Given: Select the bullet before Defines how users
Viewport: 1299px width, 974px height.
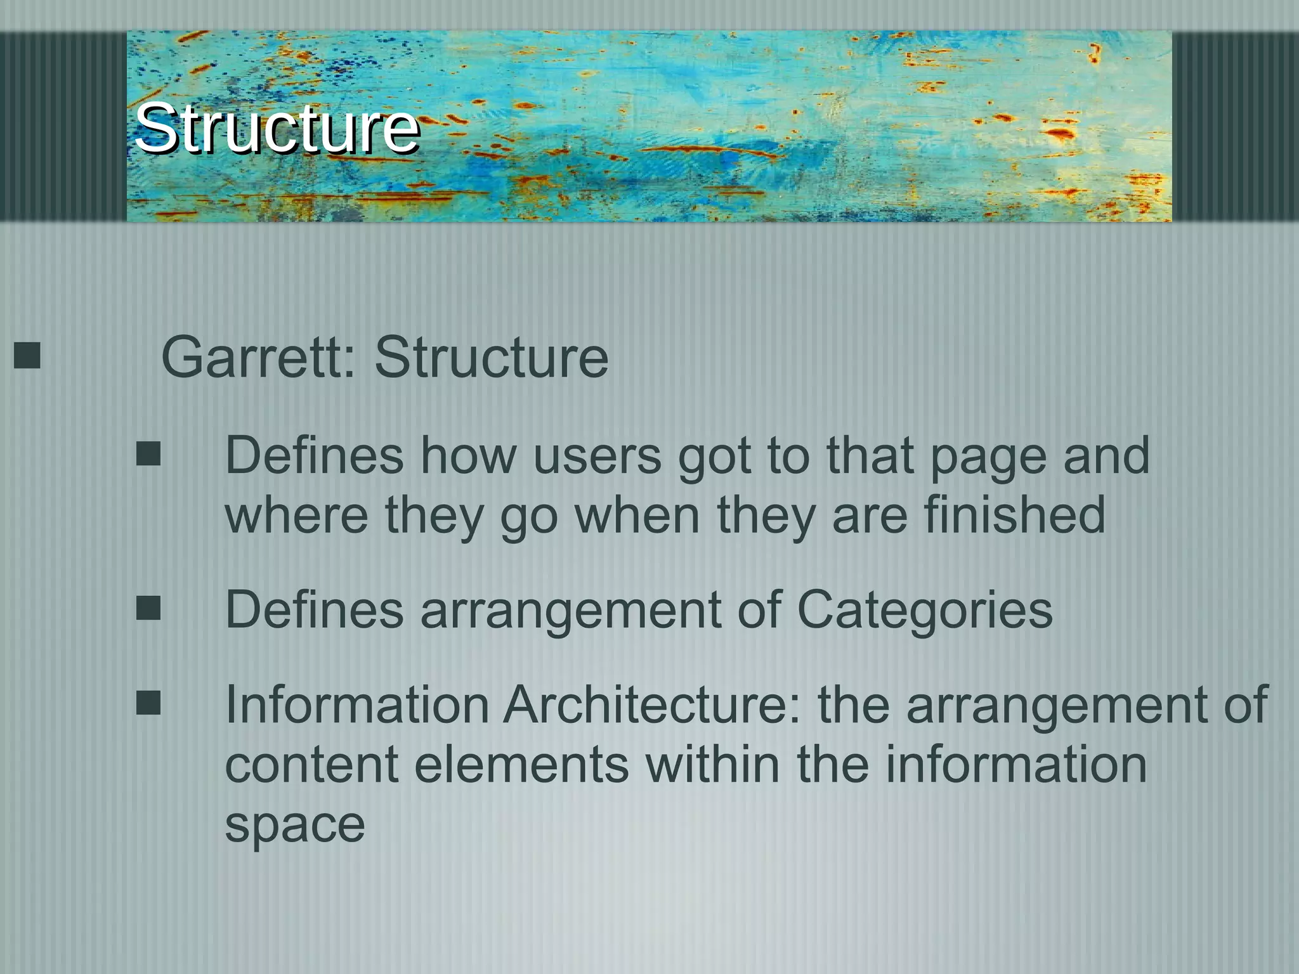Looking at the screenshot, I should tap(148, 454).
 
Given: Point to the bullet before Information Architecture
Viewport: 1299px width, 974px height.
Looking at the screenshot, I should tap(148, 703).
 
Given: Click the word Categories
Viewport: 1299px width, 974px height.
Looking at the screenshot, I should tap(924, 610).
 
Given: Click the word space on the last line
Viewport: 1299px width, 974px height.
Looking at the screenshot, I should tap(295, 825).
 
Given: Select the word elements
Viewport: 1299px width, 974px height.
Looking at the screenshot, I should tap(521, 764).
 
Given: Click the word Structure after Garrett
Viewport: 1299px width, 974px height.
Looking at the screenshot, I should tap(491, 358).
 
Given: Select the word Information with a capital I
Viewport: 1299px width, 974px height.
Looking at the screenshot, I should tap(357, 705).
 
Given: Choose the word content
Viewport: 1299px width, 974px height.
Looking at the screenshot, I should tap(311, 764).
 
